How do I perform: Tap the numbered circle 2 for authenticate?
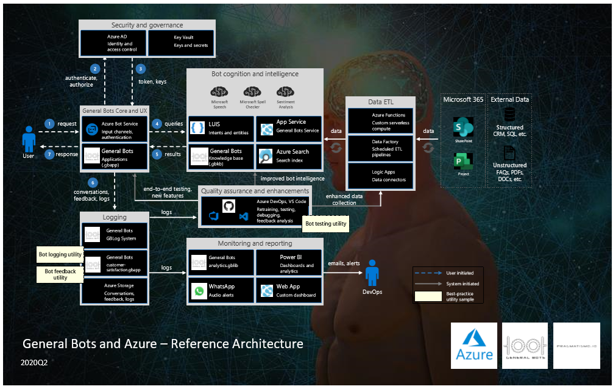click(x=94, y=69)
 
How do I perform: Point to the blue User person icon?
click(x=28, y=139)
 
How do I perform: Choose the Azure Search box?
click(x=289, y=156)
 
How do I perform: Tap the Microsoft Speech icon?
click(x=220, y=91)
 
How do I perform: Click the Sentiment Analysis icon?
click(x=286, y=91)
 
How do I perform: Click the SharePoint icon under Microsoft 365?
click(x=459, y=129)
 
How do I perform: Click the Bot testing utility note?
click(x=326, y=224)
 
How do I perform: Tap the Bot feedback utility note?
click(x=60, y=274)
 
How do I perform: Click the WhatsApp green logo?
click(x=199, y=291)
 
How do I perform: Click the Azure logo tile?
click(x=474, y=346)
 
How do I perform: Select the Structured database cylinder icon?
click(x=509, y=115)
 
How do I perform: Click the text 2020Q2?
click(x=34, y=362)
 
